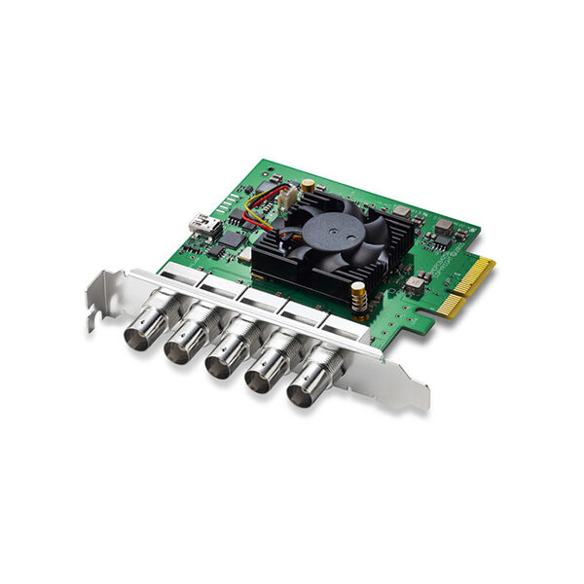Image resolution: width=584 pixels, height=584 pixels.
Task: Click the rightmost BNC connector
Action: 307,389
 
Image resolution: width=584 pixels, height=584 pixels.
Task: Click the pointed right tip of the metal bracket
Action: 425,402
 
